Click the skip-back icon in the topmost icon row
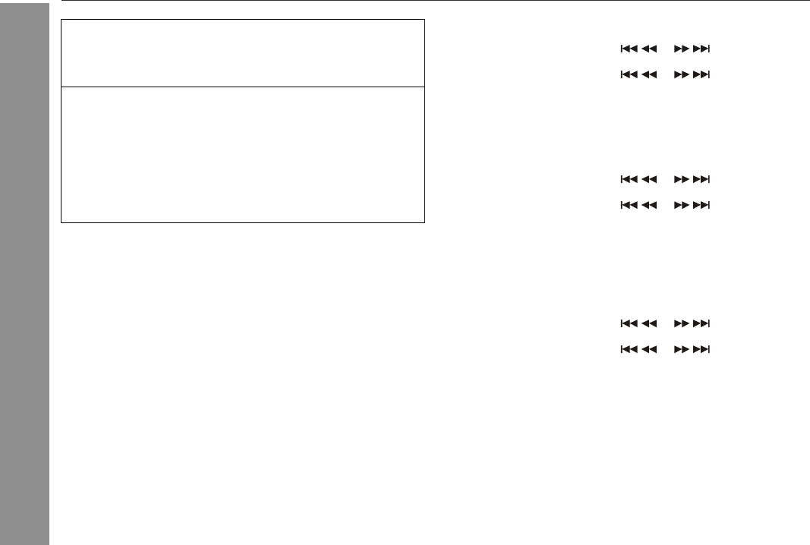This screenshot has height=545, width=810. [x=629, y=49]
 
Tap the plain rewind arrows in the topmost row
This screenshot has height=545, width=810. [x=649, y=49]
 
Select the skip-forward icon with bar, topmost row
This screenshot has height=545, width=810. [x=702, y=49]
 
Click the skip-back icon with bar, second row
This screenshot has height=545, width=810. [x=629, y=75]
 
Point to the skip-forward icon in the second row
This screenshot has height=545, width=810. [x=702, y=75]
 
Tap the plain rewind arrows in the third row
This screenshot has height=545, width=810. [x=649, y=180]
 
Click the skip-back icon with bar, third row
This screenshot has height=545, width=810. [x=629, y=180]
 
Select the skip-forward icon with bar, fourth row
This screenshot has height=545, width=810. [x=702, y=205]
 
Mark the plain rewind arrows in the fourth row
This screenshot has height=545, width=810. [x=649, y=205]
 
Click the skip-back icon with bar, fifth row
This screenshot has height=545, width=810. [x=629, y=323]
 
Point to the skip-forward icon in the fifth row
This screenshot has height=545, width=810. [x=702, y=323]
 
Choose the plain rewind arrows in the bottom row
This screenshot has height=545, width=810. [x=649, y=349]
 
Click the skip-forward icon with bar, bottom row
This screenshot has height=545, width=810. [x=702, y=349]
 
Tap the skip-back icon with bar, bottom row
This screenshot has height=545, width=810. [x=629, y=349]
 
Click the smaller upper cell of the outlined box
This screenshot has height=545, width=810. [x=242, y=53]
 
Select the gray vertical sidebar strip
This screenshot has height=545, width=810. [x=24, y=273]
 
